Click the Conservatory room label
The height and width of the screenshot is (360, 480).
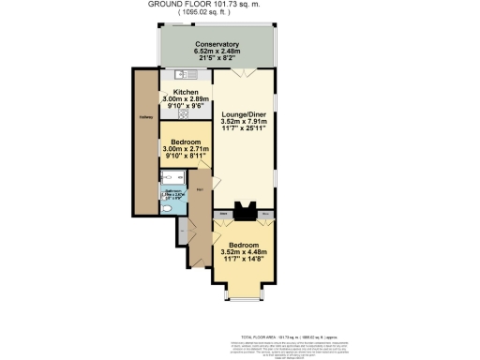(217, 44)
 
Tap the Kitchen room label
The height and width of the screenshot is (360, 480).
(186, 92)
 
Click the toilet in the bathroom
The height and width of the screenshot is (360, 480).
(167, 209)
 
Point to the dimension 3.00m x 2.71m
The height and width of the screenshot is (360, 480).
(186, 148)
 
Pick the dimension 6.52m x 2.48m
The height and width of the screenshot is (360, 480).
(217, 52)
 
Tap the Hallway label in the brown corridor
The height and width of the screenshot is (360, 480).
(146, 117)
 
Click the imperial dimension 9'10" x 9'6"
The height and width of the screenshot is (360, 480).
(186, 106)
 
